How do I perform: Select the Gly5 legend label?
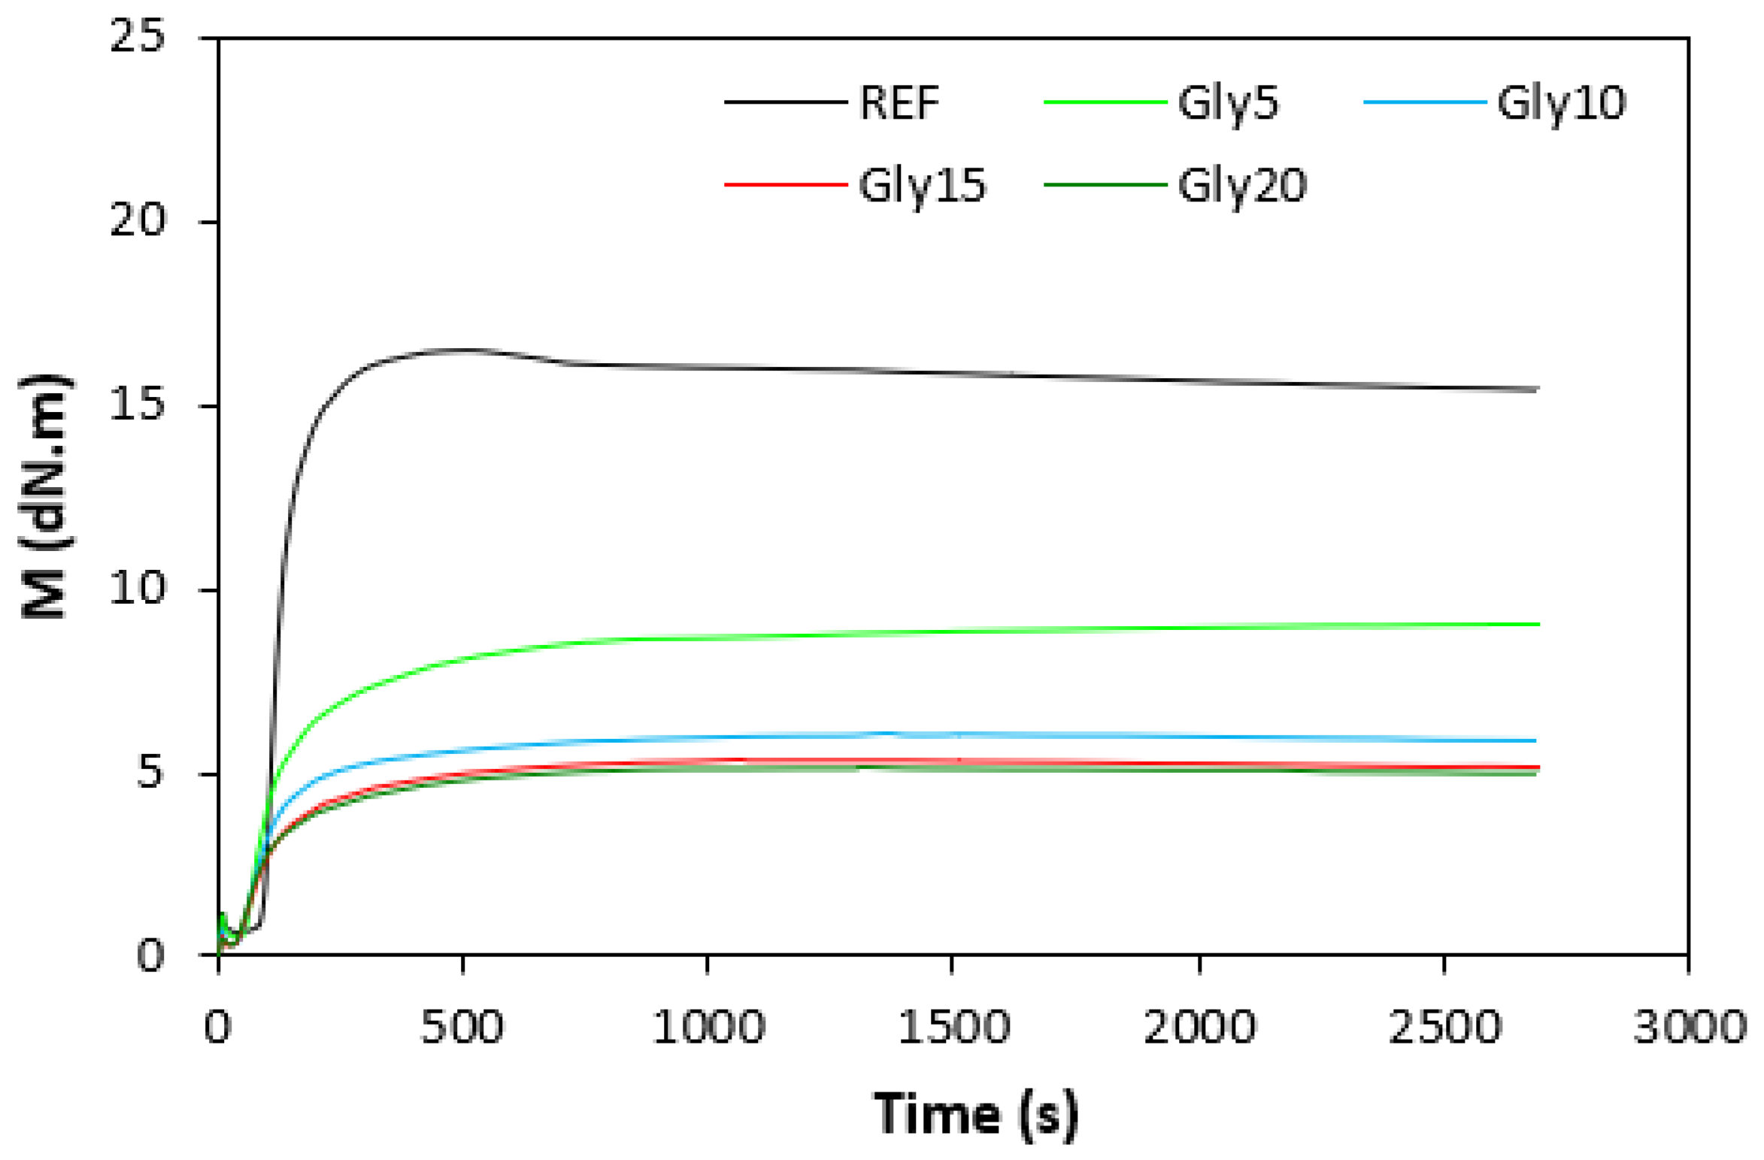pos(1227,104)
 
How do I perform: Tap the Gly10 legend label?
pos(1561,104)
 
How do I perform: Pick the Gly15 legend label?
pos(921,186)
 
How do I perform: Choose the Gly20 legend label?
pos(1242,186)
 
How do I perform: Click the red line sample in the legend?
pos(785,184)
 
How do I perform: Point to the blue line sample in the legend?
pos(1424,102)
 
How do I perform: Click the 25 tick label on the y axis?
pos(137,35)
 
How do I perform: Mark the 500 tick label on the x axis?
pos(462,1027)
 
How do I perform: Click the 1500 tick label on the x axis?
pos(953,1027)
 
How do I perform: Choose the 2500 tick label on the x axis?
pos(1444,1027)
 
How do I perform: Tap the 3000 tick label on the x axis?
pos(1690,1027)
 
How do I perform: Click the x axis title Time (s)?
pos(975,1114)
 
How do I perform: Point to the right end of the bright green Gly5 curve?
pos(1538,624)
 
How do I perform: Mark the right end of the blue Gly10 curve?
pos(1535,741)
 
